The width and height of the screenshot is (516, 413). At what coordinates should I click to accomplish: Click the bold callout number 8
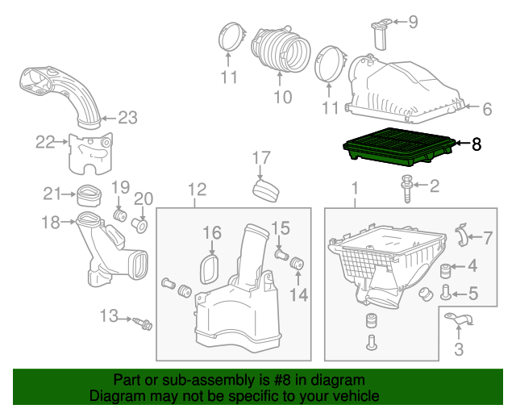click(x=476, y=144)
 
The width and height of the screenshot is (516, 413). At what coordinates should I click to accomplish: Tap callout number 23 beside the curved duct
click(x=128, y=118)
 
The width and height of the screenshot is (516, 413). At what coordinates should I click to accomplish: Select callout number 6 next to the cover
click(x=486, y=108)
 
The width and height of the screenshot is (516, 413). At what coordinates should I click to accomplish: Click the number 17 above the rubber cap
click(x=260, y=156)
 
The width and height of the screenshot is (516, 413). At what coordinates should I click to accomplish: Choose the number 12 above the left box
click(x=198, y=190)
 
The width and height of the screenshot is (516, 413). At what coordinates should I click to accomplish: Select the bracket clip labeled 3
click(x=460, y=323)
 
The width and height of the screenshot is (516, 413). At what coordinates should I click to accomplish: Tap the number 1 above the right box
click(x=354, y=190)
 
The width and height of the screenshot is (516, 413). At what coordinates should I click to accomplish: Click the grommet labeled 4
click(x=444, y=268)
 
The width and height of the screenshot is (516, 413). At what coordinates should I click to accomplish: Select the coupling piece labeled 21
click(x=89, y=194)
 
